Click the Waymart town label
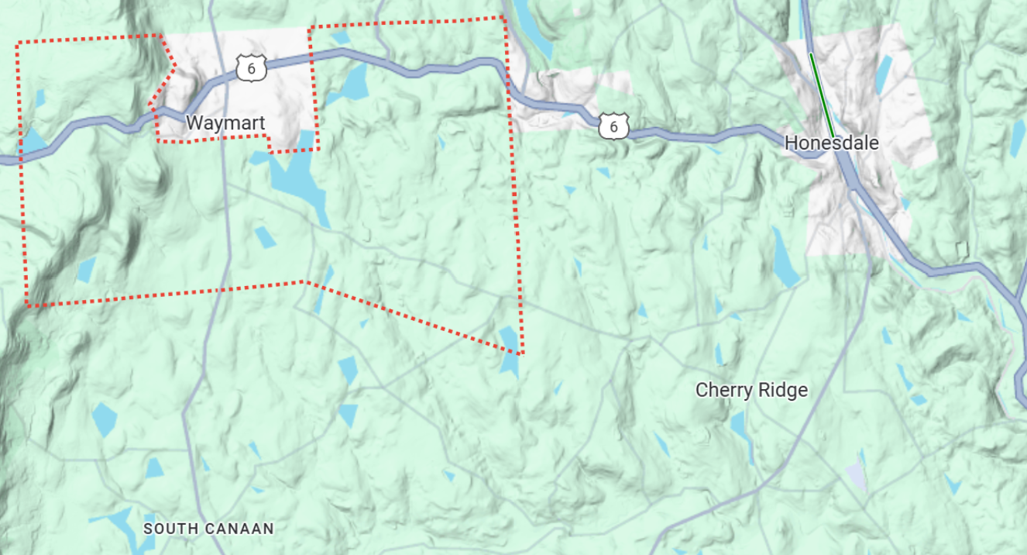[x=225, y=123]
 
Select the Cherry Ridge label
[x=751, y=390]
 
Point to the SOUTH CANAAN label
[x=209, y=529]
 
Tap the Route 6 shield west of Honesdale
[x=613, y=126]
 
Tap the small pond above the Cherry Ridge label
[x=719, y=353]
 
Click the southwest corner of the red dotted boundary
[x=29, y=305]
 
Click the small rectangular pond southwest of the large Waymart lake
[x=265, y=237]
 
